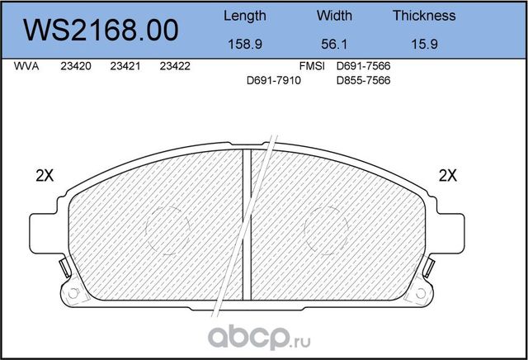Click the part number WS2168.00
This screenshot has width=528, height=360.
tap(102, 30)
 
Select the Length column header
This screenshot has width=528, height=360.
tap(245, 16)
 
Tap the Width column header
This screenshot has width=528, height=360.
tap(334, 16)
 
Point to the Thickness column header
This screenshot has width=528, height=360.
tap(424, 16)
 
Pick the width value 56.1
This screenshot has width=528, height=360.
tap(334, 46)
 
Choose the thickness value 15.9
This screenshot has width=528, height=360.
tap(424, 46)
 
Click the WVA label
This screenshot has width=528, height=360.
tap(27, 67)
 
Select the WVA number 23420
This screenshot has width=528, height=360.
tap(75, 67)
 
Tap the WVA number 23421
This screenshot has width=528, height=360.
tap(125, 67)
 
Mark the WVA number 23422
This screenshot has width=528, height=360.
tap(175, 67)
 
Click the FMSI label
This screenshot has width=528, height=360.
tap(313, 67)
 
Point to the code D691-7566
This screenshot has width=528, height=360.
tap(363, 67)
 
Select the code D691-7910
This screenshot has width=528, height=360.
tap(274, 80)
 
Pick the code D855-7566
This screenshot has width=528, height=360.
tap(363, 80)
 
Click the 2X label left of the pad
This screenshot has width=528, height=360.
tap(45, 175)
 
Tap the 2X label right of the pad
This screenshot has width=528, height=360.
tap(448, 175)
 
